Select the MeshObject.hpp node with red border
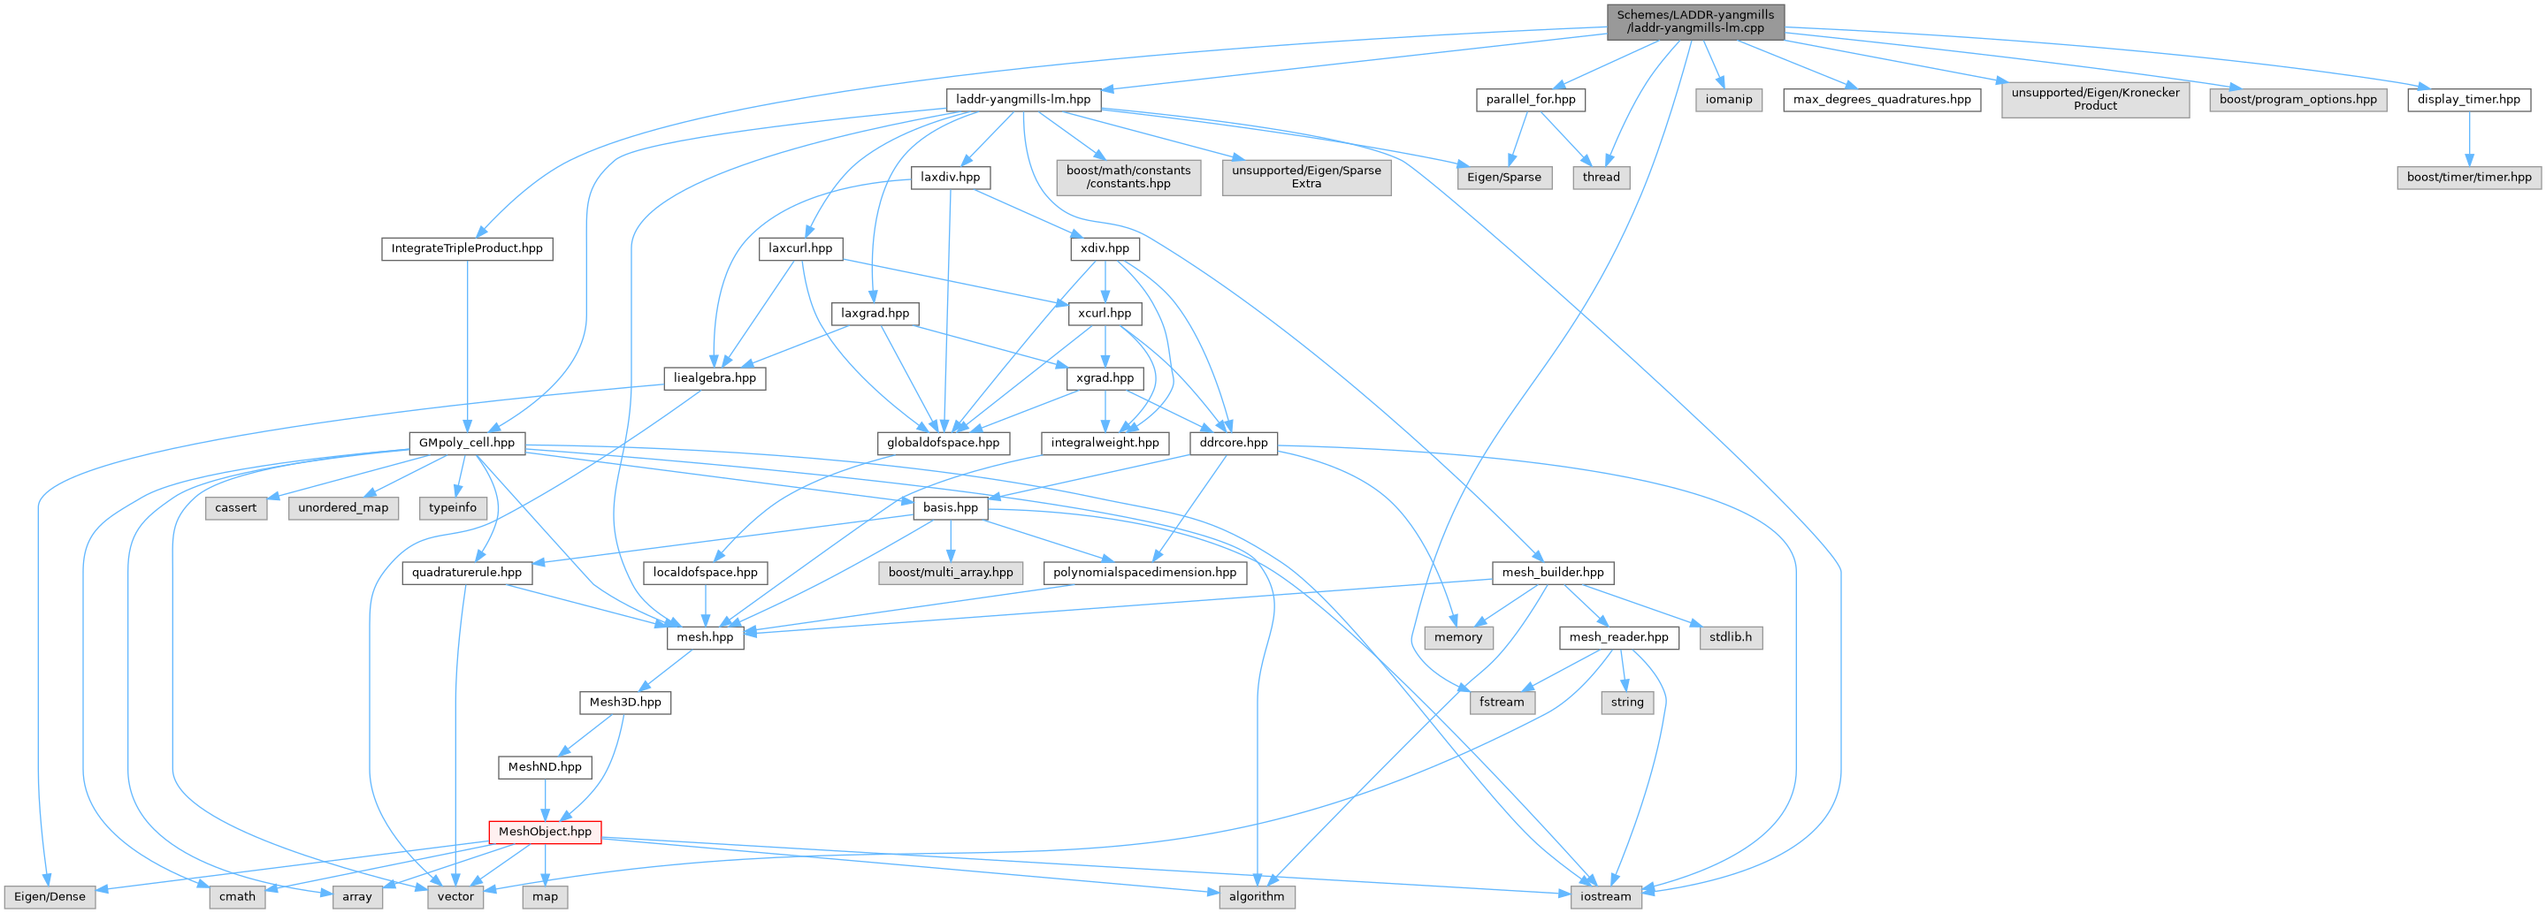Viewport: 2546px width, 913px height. [x=545, y=832]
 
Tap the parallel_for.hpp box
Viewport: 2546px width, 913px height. [x=1531, y=100]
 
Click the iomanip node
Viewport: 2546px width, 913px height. [x=1729, y=100]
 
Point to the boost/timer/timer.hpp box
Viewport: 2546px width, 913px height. [x=2469, y=178]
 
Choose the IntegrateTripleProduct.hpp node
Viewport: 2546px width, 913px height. [x=467, y=249]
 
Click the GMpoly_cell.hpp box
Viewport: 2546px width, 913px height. [x=467, y=444]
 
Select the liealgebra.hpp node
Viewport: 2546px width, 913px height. [x=715, y=378]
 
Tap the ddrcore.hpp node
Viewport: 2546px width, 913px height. [x=1234, y=444]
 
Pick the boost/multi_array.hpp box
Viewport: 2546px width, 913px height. [x=950, y=573]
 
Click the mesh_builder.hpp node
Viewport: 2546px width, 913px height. [x=1553, y=573]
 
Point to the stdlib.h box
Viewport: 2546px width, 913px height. [x=1730, y=637]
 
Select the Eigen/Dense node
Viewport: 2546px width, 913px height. [x=50, y=897]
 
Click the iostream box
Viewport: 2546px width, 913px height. [x=1605, y=897]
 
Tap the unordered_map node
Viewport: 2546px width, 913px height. [x=343, y=508]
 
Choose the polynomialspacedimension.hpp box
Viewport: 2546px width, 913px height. [x=1144, y=573]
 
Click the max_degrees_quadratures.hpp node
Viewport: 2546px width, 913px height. [x=1882, y=100]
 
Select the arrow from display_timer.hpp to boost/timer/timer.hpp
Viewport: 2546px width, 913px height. [x=2469, y=139]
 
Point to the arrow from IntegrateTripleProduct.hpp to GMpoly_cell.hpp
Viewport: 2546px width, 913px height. [x=467, y=346]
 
